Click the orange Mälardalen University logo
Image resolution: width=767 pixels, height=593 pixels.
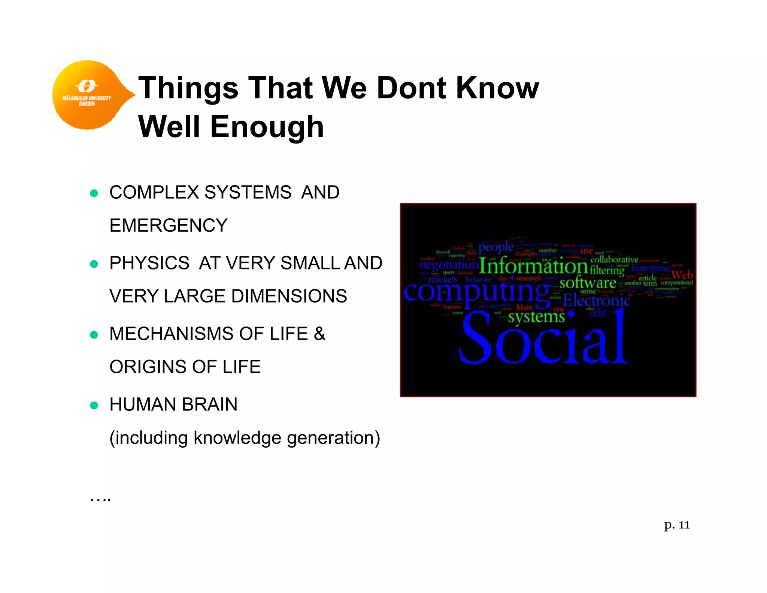[x=88, y=95]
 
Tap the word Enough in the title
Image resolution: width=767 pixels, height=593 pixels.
[x=267, y=127]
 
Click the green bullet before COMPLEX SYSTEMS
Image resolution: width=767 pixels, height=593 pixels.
[x=94, y=193]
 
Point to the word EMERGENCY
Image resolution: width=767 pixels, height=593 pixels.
[x=168, y=226]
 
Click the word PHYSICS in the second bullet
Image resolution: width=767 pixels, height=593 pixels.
[x=149, y=263]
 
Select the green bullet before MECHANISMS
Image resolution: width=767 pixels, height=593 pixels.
[x=94, y=335]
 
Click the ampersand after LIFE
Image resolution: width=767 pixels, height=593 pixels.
[x=319, y=334]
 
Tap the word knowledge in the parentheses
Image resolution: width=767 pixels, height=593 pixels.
[x=237, y=438]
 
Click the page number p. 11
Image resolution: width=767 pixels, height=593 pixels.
[x=677, y=525]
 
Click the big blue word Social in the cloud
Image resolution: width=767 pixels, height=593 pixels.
[x=543, y=339]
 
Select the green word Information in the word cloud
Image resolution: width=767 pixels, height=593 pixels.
[x=533, y=267]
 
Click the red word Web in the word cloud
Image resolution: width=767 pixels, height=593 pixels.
[x=682, y=275]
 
